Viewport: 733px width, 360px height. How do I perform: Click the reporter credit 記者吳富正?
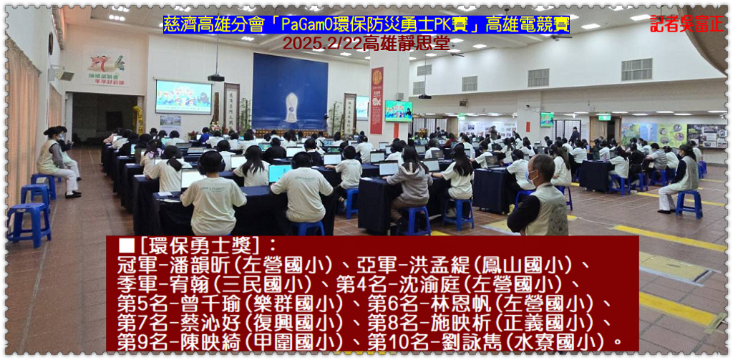point(686,24)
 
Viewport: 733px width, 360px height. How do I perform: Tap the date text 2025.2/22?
point(322,43)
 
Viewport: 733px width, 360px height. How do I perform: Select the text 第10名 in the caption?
point(394,342)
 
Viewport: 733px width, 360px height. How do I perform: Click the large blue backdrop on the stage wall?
point(290,91)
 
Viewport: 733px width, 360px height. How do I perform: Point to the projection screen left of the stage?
point(183,97)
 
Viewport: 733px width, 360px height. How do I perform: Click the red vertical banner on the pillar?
point(377,100)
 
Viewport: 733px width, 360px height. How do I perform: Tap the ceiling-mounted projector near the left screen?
point(216,77)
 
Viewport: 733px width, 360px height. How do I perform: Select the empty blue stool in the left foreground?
point(29,223)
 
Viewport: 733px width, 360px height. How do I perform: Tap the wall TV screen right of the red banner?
point(398,111)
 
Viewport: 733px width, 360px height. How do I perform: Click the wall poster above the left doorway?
point(107,67)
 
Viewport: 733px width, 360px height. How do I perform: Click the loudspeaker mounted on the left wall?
point(64,74)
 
